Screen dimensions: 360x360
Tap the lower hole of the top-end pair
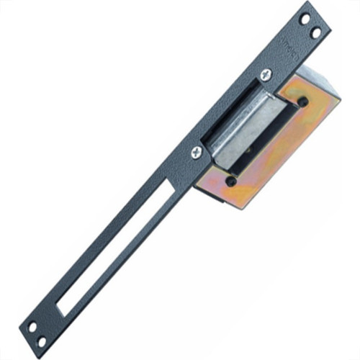[314, 32]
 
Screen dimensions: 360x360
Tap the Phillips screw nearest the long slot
[197, 152]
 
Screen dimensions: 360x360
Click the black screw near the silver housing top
[302, 102]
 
